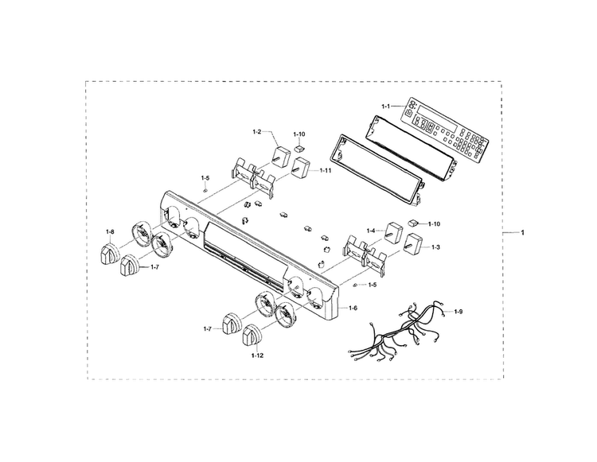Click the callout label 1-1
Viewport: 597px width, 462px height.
pyautogui.click(x=386, y=106)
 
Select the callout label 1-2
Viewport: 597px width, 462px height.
pyautogui.click(x=256, y=132)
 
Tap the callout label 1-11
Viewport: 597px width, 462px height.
pyautogui.click(x=325, y=171)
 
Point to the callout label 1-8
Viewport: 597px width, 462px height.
pyautogui.click(x=110, y=231)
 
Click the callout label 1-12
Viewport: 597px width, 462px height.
pyautogui.click(x=257, y=355)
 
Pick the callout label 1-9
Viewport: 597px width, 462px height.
pyautogui.click(x=458, y=312)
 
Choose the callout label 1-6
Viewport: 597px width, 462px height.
pyautogui.click(x=353, y=308)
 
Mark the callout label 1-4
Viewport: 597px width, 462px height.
pyautogui.click(x=371, y=231)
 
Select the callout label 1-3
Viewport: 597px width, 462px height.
pyautogui.click(x=435, y=247)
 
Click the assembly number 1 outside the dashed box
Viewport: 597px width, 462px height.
pyautogui.click(x=522, y=232)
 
